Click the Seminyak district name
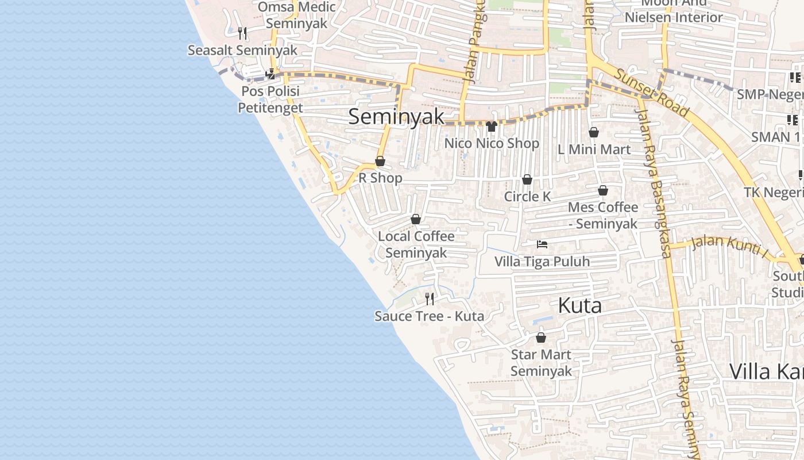[396, 117]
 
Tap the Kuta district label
[579, 305]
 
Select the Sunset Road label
[651, 92]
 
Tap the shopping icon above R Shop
[380, 162]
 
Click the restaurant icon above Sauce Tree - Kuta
[429, 298]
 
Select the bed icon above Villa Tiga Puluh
[542, 244]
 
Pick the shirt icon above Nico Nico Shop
[491, 126]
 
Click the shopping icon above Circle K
[527, 179]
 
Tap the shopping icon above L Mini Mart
[594, 133]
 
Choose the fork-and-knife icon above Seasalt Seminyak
[242, 33]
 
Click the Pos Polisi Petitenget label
[270, 99]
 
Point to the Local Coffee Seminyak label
[416, 244]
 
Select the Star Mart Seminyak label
[541, 363]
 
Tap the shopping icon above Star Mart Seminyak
[540, 338]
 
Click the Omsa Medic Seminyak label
[296, 16]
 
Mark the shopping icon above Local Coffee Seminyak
[416, 219]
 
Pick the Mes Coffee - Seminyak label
[603, 215]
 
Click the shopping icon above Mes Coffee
[603, 190]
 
